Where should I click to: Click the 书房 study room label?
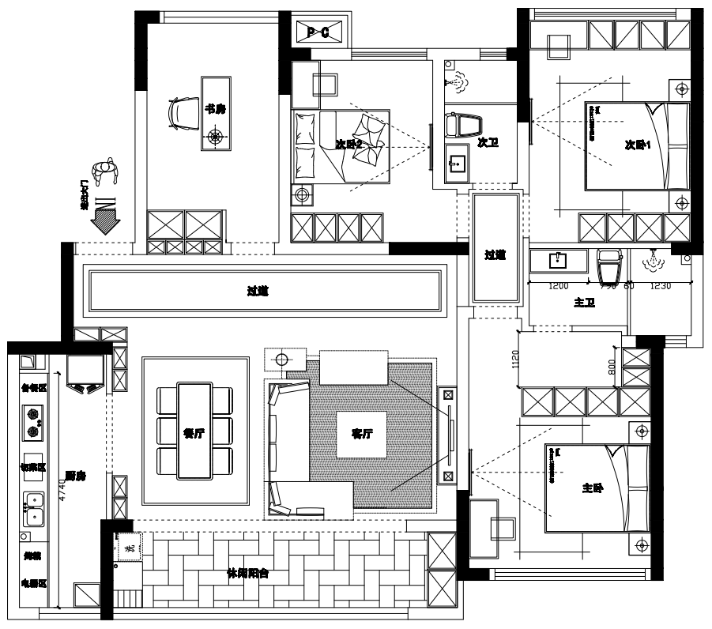coord(215,109)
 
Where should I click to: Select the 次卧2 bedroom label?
coord(348,144)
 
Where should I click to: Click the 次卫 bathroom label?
coord(489,143)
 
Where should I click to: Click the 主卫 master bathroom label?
coord(584,303)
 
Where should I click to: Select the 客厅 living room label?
coord(362,433)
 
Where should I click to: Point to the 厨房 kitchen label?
coord(76,476)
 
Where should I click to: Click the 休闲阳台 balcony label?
coord(247,574)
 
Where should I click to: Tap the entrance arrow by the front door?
coord(104,213)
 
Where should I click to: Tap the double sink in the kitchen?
coord(33,510)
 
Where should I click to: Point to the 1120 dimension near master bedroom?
coord(515,360)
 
